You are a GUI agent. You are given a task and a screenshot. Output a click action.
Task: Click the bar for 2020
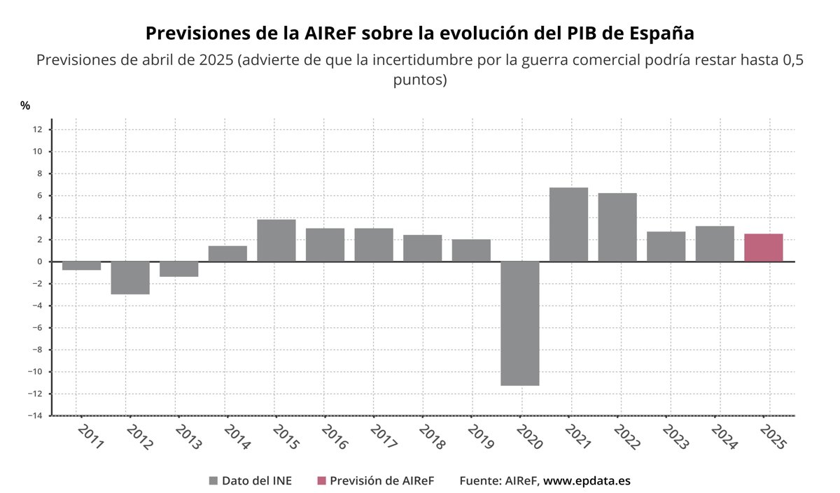(x=520, y=323)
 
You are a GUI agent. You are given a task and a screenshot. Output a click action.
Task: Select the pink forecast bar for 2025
(x=763, y=248)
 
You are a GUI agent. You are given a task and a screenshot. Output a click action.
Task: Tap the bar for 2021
(x=568, y=224)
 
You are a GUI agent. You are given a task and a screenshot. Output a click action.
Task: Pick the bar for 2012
(x=130, y=278)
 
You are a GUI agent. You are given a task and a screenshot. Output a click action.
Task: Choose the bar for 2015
(x=276, y=241)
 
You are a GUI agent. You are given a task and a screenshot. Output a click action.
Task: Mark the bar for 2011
(x=81, y=266)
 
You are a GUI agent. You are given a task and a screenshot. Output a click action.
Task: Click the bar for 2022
(x=617, y=227)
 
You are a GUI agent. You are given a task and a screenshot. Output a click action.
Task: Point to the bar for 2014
(x=227, y=254)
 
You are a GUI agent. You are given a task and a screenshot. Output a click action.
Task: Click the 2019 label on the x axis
(x=479, y=437)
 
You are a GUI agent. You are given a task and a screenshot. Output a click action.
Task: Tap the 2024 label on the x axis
(x=723, y=437)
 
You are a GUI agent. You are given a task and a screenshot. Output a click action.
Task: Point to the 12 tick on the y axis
(x=37, y=129)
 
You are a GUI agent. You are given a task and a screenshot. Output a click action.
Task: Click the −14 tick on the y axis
(x=35, y=415)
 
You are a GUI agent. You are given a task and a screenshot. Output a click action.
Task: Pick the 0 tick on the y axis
(x=39, y=262)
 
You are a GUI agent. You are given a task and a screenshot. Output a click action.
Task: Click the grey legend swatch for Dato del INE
(x=213, y=480)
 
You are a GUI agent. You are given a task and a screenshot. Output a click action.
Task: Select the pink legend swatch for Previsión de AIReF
(x=321, y=480)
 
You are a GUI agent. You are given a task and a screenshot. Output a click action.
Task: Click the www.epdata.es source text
(x=587, y=480)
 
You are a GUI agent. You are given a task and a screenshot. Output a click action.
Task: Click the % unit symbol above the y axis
(x=25, y=106)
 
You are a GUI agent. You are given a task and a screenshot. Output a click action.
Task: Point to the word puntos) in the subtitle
(x=420, y=80)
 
